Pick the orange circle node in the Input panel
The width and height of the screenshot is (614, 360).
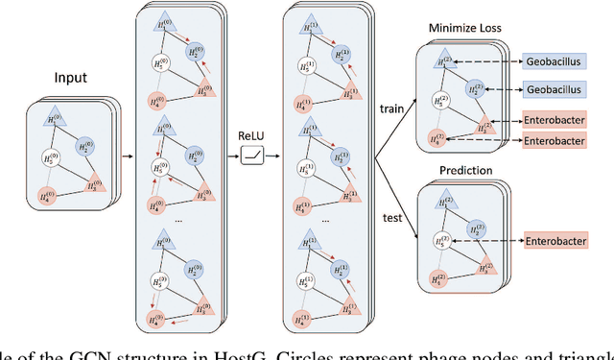[46, 196]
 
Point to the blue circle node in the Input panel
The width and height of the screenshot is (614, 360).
[89, 147]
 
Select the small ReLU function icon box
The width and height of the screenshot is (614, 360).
[251, 154]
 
